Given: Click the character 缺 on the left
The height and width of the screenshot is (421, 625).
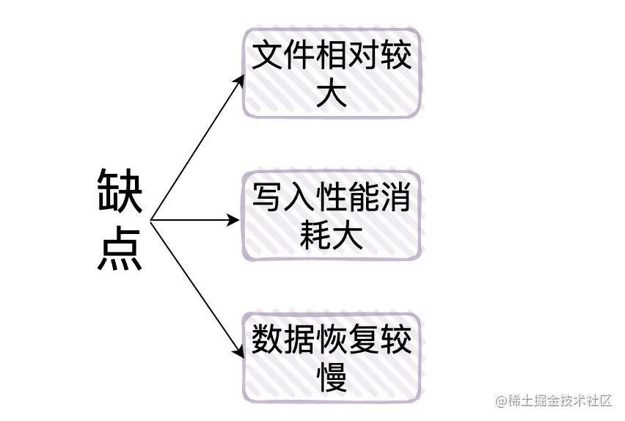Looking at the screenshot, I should tap(120, 191).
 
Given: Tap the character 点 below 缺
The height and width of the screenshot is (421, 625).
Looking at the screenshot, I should tap(120, 249).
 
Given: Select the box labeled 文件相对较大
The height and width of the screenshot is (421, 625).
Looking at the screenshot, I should tap(332, 73).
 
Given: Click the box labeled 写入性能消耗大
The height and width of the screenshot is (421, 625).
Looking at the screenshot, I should tap(332, 216).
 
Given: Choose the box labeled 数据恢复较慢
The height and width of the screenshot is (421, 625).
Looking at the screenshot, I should tap(332, 357).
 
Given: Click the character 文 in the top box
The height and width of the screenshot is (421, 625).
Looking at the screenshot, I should tap(267, 56).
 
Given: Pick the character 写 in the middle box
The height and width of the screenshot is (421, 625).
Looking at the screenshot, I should tap(267, 199).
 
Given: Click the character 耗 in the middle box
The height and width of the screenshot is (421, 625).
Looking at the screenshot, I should tap(315, 236).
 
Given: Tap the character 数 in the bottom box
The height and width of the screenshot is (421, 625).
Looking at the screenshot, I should tap(267, 340).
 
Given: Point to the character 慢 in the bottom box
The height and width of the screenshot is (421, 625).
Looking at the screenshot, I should tap(332, 378).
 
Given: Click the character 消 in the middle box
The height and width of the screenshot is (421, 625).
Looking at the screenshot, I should tap(396, 199).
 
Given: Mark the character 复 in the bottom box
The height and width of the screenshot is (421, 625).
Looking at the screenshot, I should tap(364, 340).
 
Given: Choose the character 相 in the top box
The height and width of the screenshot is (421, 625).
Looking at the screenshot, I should tap(332, 56).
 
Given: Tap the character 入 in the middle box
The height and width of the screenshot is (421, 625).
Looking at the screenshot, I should tap(299, 199).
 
